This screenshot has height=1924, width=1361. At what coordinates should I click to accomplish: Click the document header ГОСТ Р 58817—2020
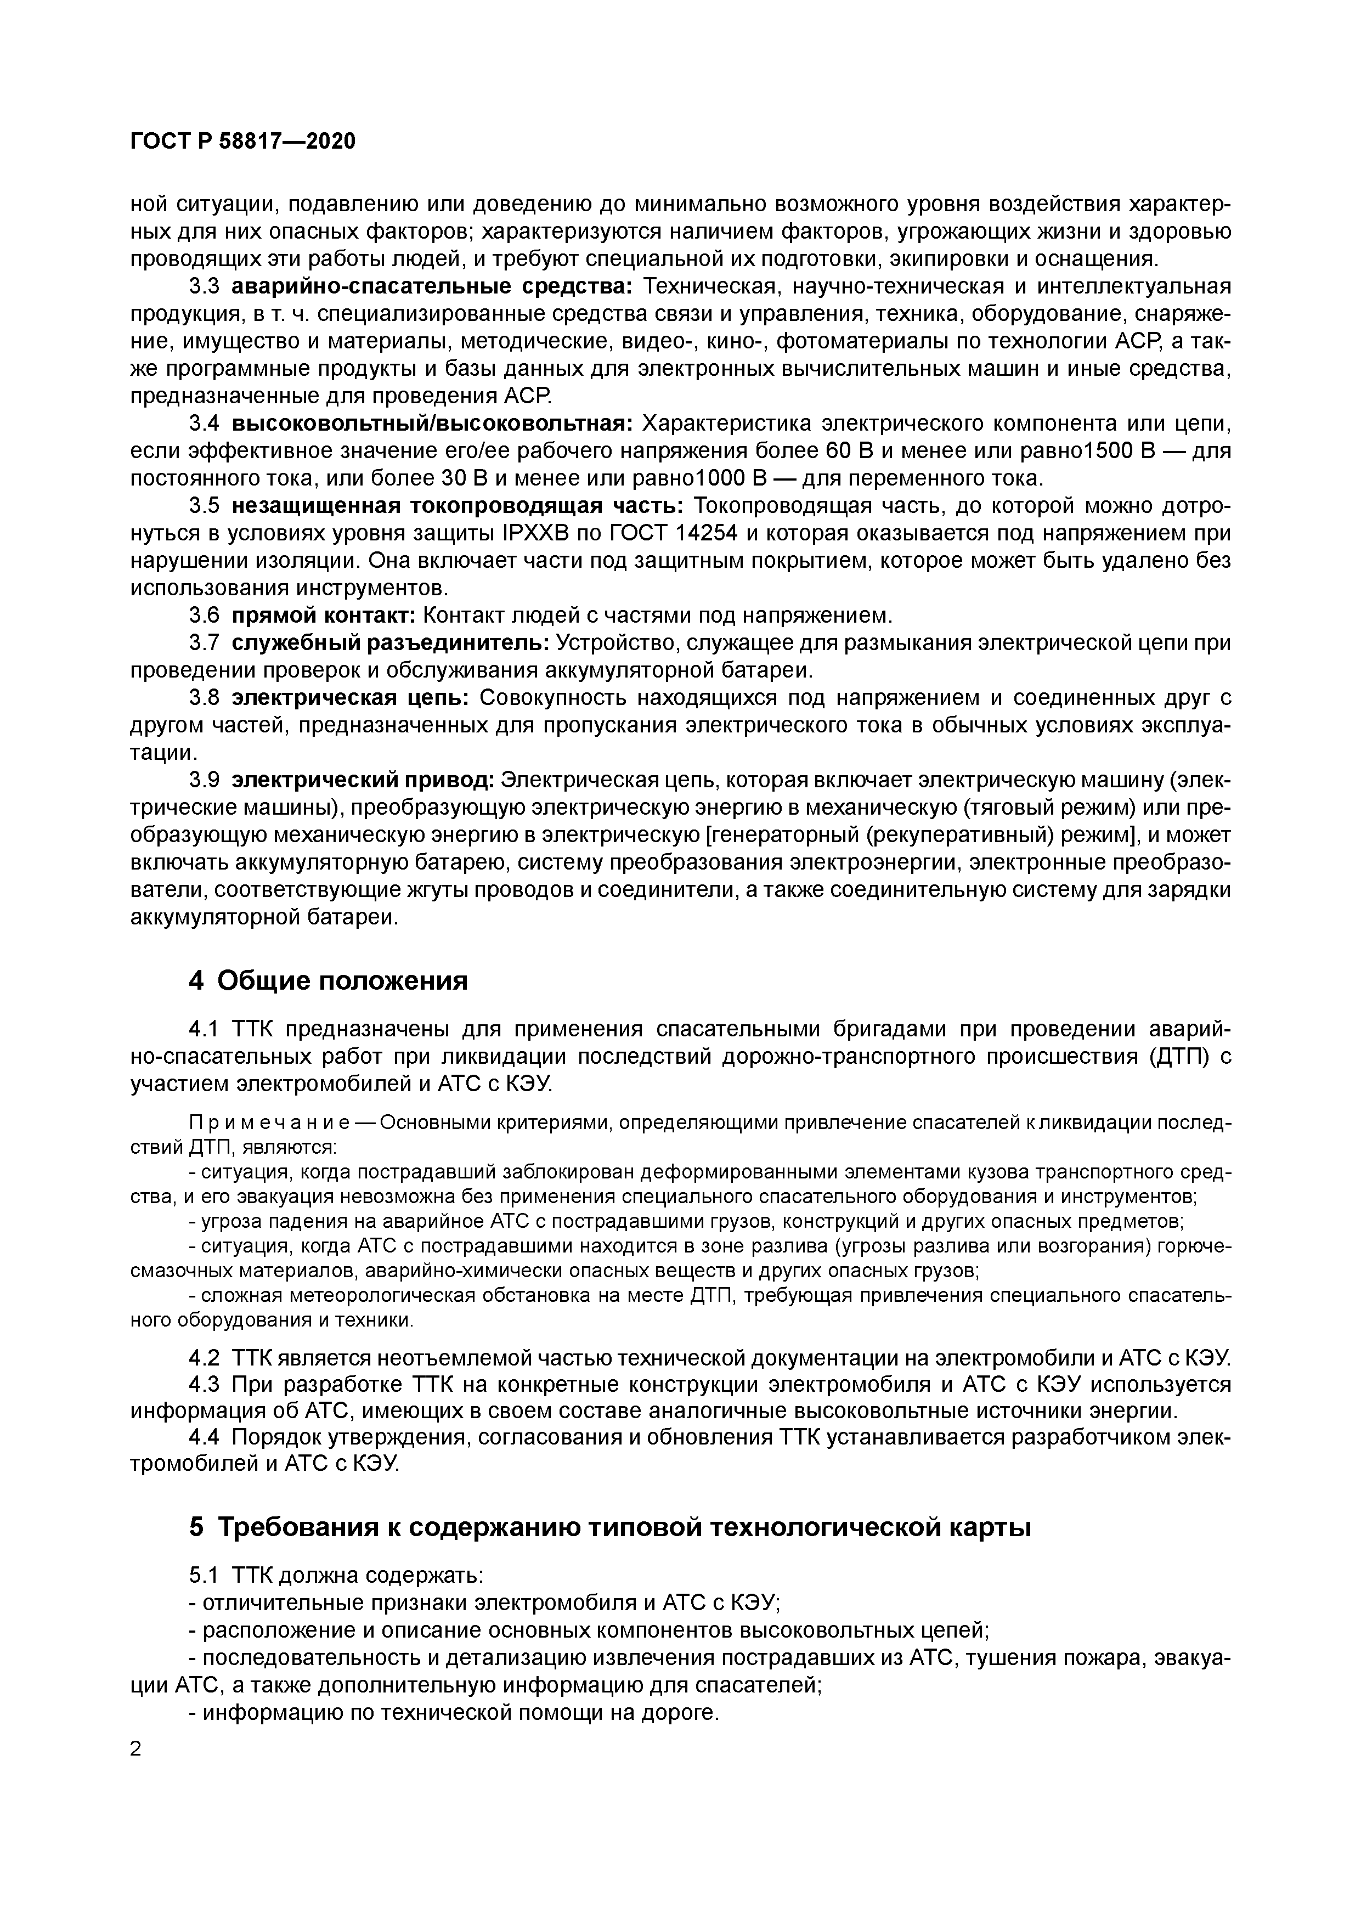coord(243,141)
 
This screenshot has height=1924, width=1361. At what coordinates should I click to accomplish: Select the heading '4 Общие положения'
coord(327,980)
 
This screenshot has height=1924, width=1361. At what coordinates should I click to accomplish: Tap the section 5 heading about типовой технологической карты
coord(609,1527)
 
